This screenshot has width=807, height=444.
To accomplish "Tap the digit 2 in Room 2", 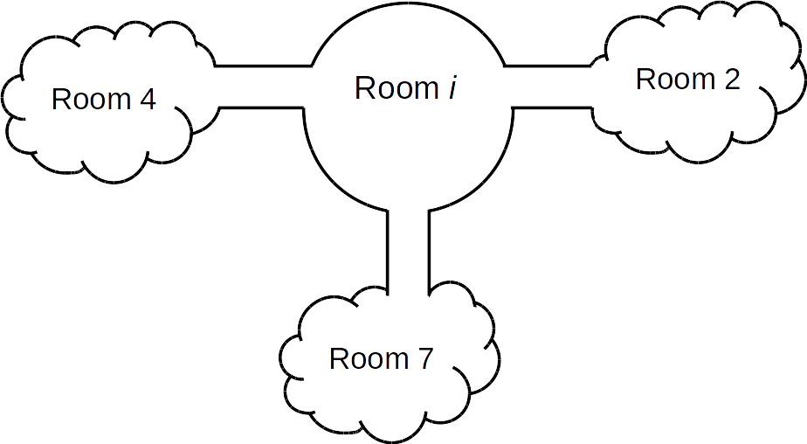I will coord(731,80).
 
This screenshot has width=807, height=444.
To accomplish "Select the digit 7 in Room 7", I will coord(424,359).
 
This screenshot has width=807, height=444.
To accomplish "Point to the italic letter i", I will coord(452,87).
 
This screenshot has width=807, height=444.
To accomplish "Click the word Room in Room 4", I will coord(89,100).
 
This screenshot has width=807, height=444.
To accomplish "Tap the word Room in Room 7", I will coord(368,359).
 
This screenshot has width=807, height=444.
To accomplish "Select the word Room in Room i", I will coord(396,88).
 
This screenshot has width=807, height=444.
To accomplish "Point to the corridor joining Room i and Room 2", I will coord(550,87).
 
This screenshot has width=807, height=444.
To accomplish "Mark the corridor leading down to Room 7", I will coord(408,249).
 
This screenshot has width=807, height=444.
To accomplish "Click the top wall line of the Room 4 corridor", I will coord(262,66).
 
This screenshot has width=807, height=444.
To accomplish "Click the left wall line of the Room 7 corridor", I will coord(387,249).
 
